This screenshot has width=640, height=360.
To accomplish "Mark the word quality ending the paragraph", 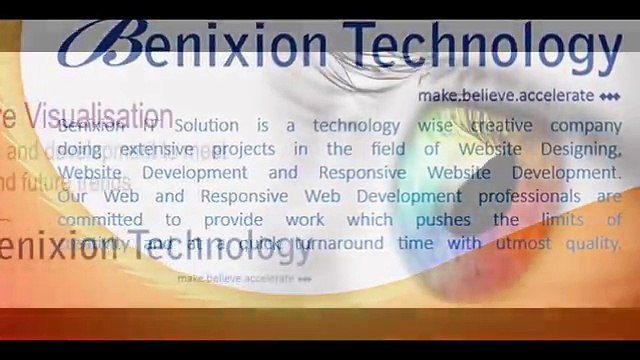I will [589, 244].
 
